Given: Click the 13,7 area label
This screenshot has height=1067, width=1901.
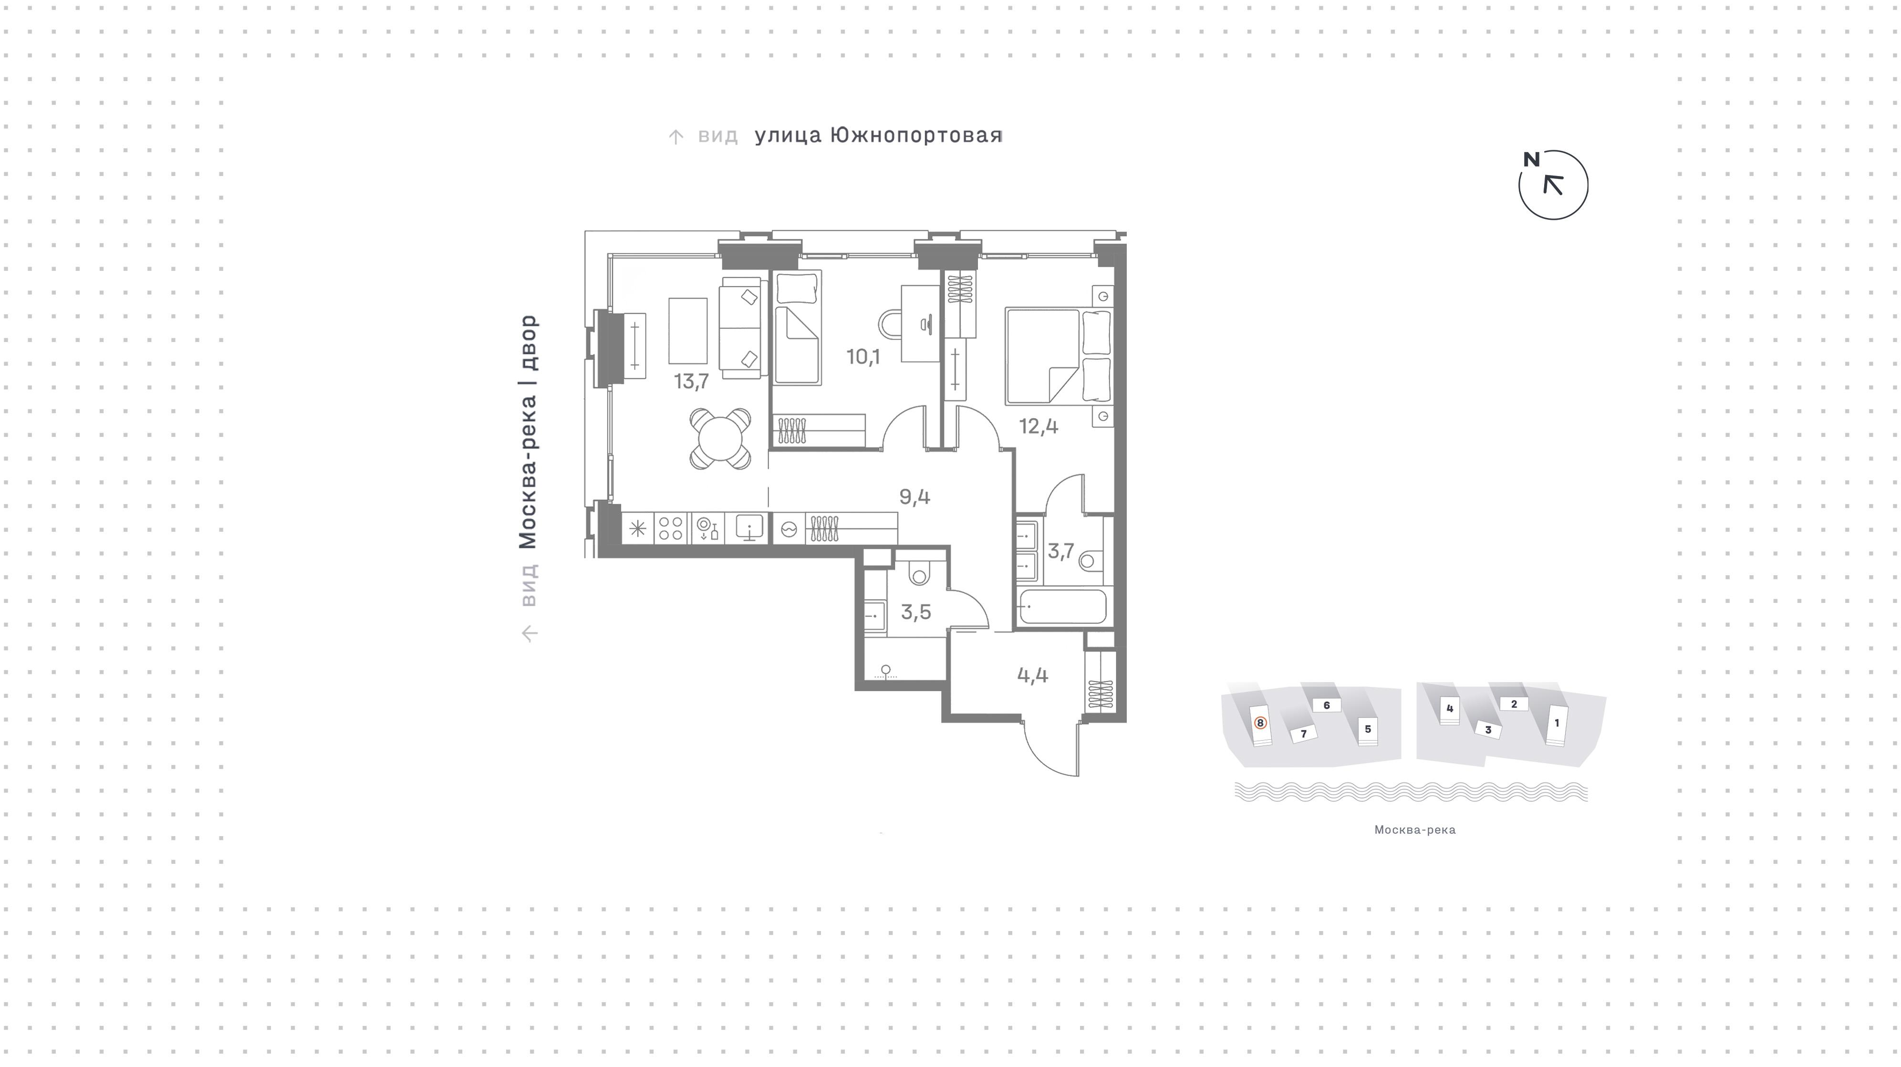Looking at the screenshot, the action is pyautogui.click(x=692, y=382).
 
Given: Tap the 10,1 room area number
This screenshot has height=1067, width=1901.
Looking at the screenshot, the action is pyautogui.click(x=862, y=357).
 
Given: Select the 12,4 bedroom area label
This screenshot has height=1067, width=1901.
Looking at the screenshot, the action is pyautogui.click(x=1039, y=426).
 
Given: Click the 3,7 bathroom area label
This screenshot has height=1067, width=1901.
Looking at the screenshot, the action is pyautogui.click(x=1060, y=551).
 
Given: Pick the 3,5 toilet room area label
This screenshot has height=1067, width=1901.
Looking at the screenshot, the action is pyautogui.click(x=916, y=611).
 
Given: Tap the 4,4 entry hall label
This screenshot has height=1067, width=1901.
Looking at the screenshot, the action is pyautogui.click(x=1032, y=675).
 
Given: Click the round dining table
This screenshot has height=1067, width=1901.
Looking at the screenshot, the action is pyautogui.click(x=720, y=439).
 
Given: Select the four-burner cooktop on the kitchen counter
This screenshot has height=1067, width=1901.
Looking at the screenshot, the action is pyautogui.click(x=670, y=529).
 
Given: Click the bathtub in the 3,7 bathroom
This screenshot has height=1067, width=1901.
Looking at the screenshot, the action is pyautogui.click(x=1062, y=607).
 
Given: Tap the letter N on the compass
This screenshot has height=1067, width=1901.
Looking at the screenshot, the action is pyautogui.click(x=1532, y=159).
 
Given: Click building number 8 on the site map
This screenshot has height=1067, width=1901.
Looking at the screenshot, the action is pyautogui.click(x=1260, y=723).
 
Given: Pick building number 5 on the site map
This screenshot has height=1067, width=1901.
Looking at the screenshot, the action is pyautogui.click(x=1368, y=729).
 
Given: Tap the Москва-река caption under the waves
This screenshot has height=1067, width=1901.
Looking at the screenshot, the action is pyautogui.click(x=1415, y=830).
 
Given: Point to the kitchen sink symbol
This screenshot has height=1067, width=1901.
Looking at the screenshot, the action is pyautogui.click(x=749, y=528).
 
